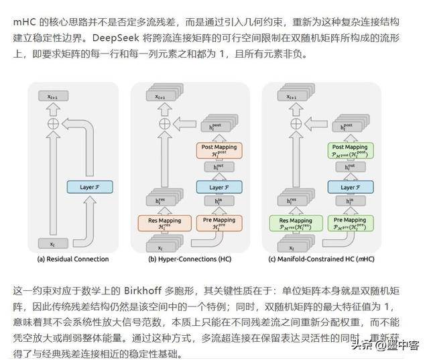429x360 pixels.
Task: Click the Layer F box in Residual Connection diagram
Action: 89,188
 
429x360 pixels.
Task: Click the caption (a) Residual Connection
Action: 74,259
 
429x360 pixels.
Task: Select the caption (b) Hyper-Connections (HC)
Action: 190,259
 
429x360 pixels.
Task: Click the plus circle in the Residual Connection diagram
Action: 52,123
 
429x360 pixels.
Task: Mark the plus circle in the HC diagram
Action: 164,123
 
